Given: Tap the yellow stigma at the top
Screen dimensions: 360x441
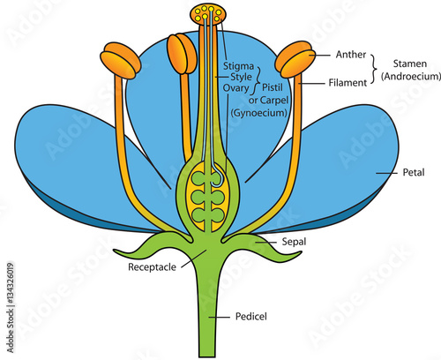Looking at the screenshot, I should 208,15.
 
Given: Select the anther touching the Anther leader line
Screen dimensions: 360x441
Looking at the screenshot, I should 297,61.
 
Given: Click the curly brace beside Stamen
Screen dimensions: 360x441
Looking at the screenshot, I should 374,69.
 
